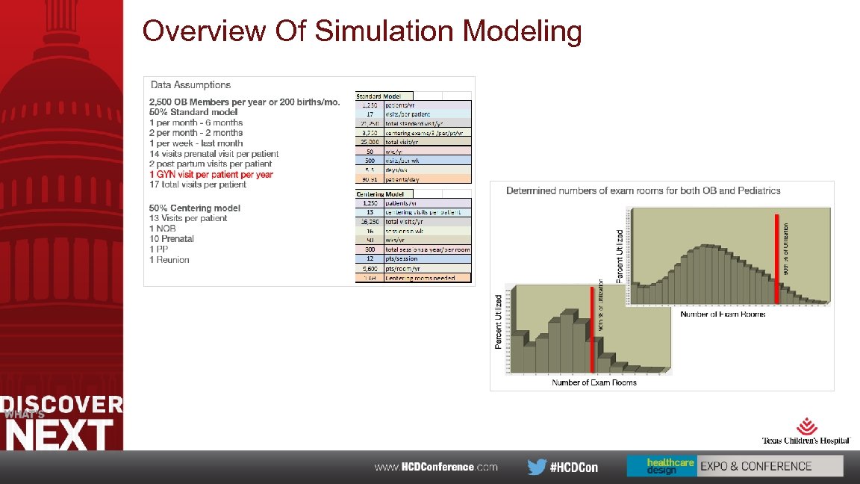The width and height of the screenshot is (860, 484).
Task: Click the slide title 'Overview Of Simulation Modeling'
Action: [361, 31]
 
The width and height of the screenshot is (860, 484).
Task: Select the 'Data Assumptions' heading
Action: [190, 85]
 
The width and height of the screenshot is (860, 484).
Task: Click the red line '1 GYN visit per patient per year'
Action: [211, 174]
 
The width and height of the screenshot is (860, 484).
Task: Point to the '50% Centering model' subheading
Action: [194, 208]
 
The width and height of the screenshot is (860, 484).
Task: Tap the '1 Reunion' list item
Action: [169, 260]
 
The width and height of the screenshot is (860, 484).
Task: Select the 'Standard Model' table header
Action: [378, 96]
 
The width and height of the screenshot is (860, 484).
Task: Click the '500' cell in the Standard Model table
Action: [370, 160]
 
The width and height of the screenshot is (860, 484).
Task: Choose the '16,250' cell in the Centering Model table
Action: [370, 222]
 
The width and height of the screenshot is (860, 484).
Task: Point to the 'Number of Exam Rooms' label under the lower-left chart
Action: [594, 382]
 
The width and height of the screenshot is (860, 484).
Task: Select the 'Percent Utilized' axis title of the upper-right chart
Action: [619, 255]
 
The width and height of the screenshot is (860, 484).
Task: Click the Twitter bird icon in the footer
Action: [536, 467]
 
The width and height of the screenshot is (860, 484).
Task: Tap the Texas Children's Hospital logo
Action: [806, 431]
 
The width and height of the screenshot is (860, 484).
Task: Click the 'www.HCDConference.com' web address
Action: [435, 467]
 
